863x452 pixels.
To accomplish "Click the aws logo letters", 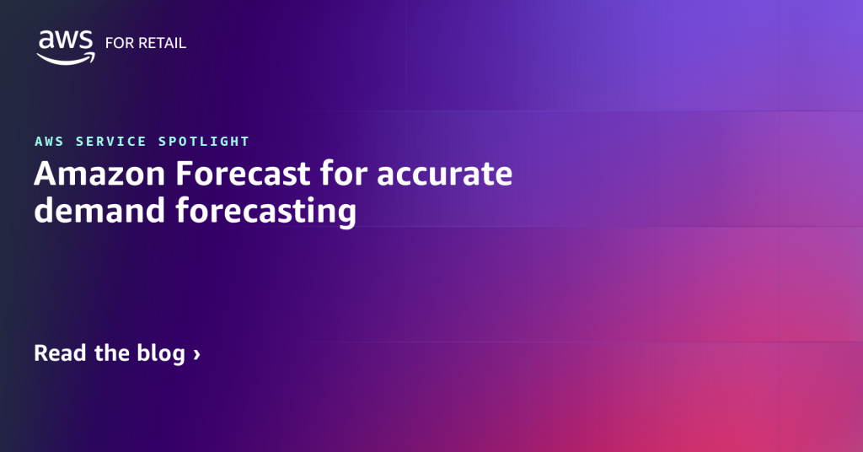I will (66, 40).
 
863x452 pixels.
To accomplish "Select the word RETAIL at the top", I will (162, 43).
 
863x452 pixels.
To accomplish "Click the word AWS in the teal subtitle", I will (51, 142).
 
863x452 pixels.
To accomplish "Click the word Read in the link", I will (61, 352).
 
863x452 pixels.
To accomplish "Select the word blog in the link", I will (160, 353).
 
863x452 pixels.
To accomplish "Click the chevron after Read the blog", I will (196, 354).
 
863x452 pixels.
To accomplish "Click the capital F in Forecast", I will (185, 175).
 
